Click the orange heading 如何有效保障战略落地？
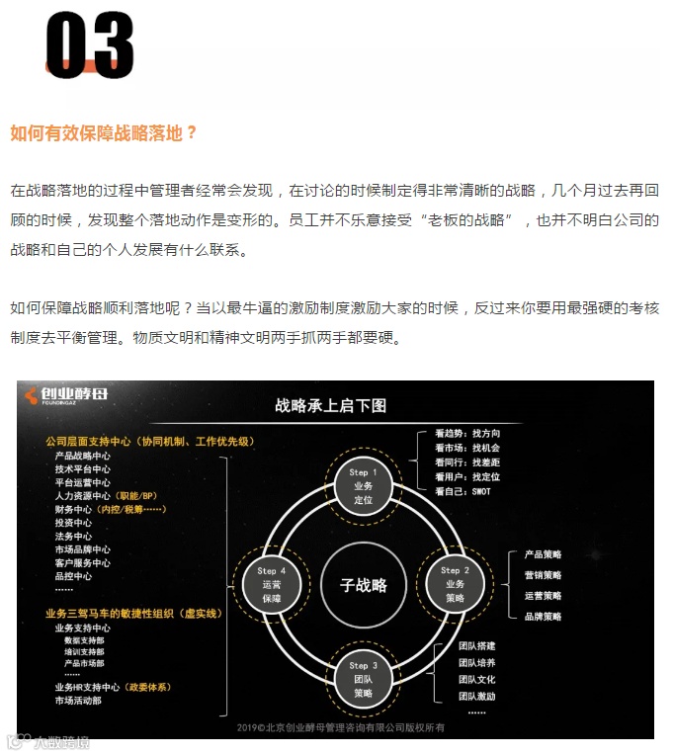pos(104,132)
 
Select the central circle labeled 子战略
pos(364,584)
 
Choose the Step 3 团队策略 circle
pos(363,680)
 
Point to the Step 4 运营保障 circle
pos(271,584)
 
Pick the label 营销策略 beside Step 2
pos(543,575)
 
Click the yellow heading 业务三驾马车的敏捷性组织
pos(132,614)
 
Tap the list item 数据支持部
pos(84,640)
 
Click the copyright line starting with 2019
pos(341,727)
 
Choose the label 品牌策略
pos(543,616)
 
